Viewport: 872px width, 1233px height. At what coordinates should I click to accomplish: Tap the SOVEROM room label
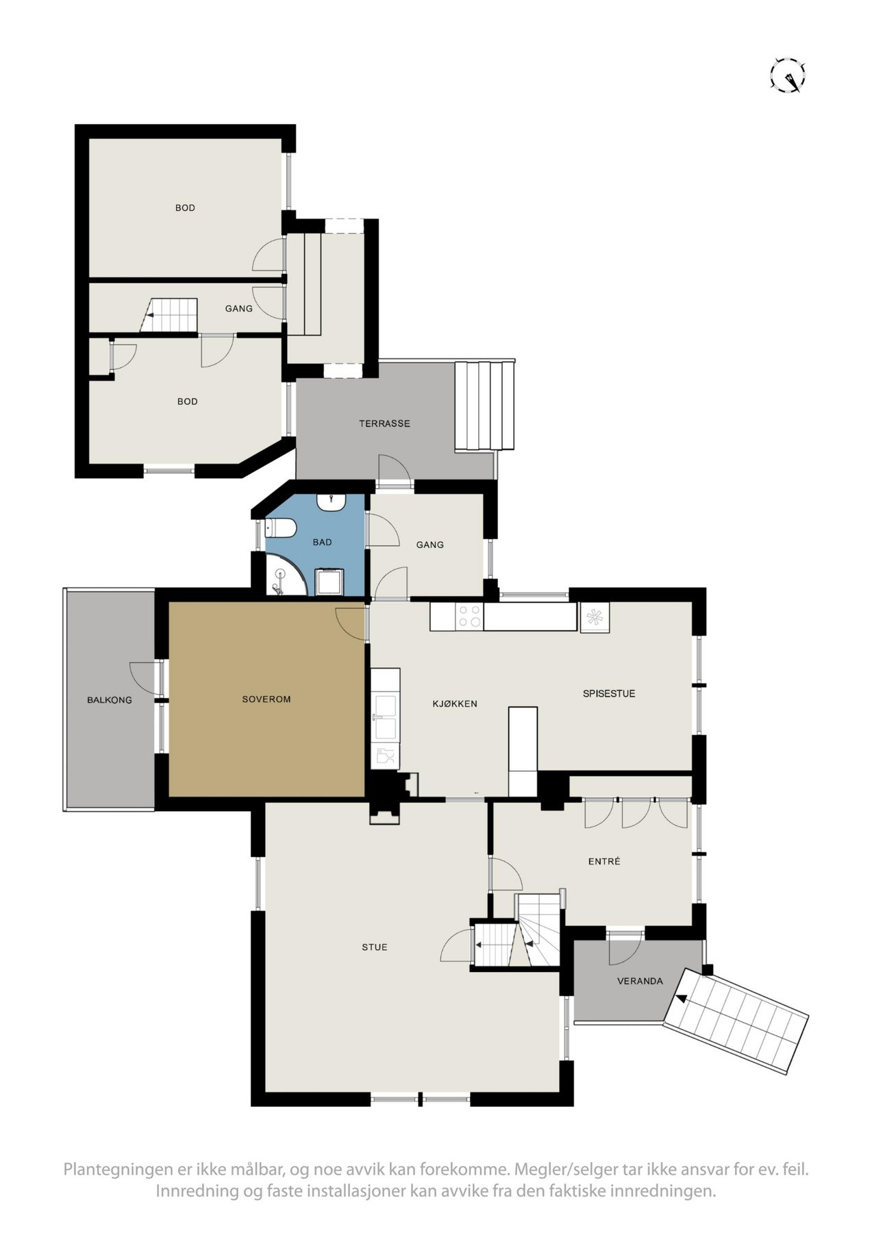pos(266,699)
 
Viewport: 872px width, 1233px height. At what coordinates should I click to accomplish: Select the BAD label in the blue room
pos(322,543)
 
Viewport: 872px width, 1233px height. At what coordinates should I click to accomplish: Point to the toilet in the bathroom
pos(281,528)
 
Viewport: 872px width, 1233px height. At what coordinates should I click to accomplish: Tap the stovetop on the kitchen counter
pos(470,616)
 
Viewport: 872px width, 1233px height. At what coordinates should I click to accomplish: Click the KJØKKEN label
pos(454,703)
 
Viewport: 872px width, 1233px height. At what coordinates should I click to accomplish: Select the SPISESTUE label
pos(609,693)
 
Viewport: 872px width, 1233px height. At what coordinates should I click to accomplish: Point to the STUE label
pos(375,947)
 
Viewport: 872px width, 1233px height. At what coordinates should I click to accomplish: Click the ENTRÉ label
pos(604,861)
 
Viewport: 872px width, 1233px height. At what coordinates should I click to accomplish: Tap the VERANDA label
pos(640,981)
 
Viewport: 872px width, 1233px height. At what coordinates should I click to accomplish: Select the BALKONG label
pos(110,700)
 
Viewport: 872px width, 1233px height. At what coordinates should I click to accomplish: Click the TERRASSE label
pos(384,423)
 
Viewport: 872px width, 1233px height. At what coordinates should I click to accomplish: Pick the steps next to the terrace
pos(485,406)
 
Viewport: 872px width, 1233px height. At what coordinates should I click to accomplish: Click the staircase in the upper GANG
pos(170,316)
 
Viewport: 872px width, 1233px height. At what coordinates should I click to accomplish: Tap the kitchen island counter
pos(523,750)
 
